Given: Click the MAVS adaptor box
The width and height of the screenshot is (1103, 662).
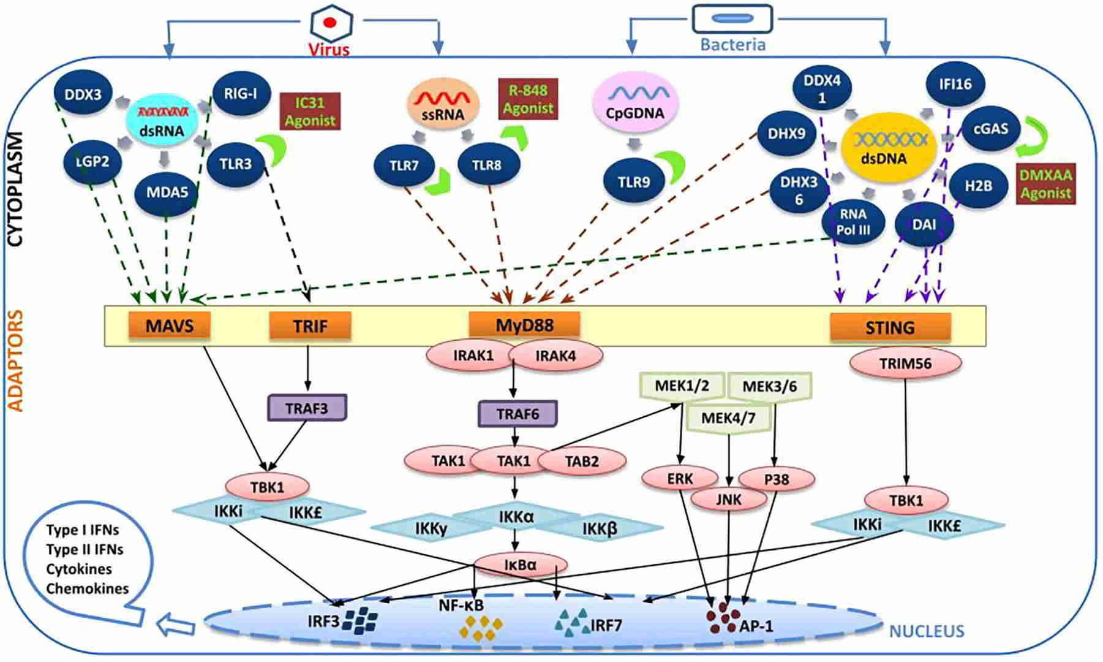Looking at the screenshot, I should [x=169, y=325].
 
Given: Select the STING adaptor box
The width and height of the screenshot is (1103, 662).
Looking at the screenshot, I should [x=890, y=327].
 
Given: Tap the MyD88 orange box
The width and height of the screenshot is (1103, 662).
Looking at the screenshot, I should [x=524, y=325].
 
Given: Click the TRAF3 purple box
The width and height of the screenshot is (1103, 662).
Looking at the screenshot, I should [x=307, y=408].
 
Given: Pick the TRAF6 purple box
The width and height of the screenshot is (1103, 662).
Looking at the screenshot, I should [x=518, y=414].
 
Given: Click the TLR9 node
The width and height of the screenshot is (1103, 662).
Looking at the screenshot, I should [x=634, y=181].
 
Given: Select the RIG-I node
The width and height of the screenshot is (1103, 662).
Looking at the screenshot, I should [x=241, y=94].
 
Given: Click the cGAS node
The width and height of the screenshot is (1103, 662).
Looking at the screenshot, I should [x=990, y=129].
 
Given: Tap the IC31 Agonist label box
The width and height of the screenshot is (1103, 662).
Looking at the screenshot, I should [x=310, y=112].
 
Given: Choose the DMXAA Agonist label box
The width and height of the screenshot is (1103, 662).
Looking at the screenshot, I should [x=1045, y=185].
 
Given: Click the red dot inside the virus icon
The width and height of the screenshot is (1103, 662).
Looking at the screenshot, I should [x=330, y=23].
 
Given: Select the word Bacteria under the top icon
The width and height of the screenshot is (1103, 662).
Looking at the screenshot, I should [x=732, y=45].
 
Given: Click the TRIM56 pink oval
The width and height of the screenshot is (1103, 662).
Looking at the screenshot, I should [x=905, y=364].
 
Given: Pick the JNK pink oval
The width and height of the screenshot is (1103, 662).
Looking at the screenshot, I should [x=728, y=500].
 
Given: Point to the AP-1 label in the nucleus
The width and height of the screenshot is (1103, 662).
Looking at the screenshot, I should [x=756, y=626].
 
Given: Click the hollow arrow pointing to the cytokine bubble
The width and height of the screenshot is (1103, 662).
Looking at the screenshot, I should [x=176, y=626].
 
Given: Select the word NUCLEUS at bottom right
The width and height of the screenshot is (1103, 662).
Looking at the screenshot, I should [x=926, y=631].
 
